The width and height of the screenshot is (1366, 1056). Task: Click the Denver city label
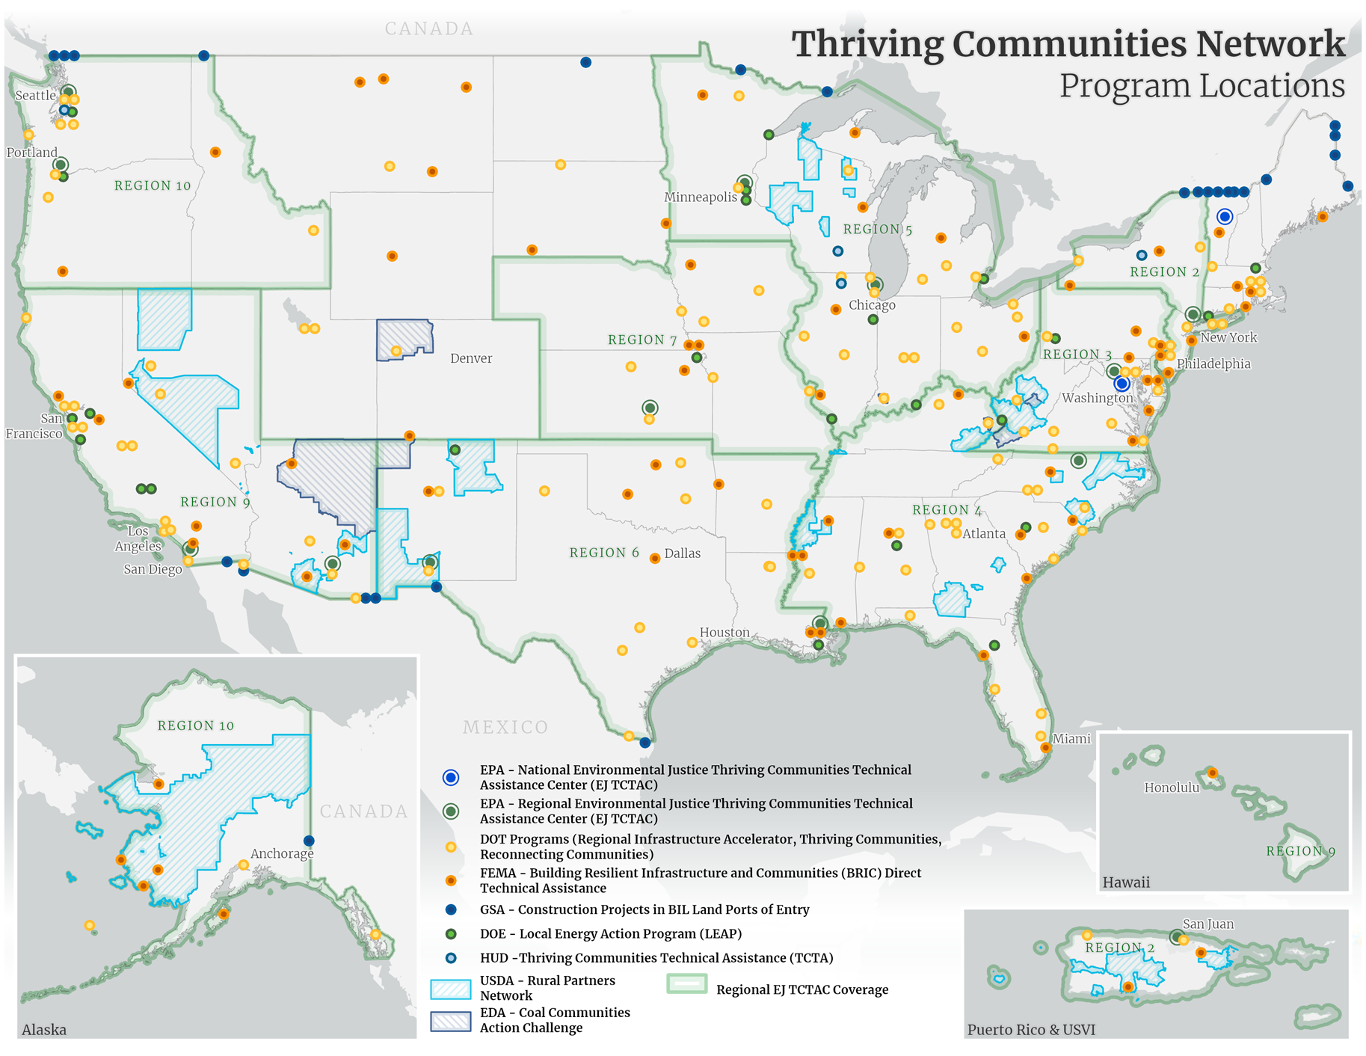471,358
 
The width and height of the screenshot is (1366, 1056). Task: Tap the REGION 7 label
642,340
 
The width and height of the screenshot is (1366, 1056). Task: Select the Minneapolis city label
701,197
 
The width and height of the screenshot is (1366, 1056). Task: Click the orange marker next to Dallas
655,558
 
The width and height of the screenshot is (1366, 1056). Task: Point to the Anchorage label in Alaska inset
282,853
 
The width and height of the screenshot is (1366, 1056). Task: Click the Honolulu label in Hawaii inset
1172,788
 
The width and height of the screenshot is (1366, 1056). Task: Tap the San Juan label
1208,924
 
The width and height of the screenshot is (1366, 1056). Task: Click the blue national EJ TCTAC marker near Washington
1122,384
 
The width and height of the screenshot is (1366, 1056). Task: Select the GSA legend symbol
451,909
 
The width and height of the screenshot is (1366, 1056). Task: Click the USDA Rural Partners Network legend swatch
450,989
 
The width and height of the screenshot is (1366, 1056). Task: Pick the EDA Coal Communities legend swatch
450,1021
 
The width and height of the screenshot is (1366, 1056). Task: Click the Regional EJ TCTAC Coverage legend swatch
686,983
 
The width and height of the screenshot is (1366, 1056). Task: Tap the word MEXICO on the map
505,727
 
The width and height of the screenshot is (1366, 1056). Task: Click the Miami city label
1071,739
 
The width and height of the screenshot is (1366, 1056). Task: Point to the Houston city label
724,633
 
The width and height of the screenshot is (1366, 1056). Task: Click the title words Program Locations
1202,86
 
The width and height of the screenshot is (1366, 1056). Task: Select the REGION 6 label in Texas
604,553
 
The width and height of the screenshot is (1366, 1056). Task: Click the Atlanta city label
983,534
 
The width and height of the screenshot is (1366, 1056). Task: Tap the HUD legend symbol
451,958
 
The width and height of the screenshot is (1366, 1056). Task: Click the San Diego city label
153,570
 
